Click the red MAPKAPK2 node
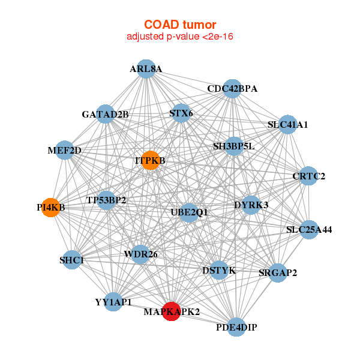click(x=172, y=311)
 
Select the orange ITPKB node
click(x=150, y=160)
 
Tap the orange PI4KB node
click(x=51, y=207)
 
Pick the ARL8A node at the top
click(x=146, y=69)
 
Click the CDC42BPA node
click(x=232, y=89)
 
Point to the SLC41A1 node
click(x=288, y=125)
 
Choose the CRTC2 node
click(x=308, y=176)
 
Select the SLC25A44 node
click(x=309, y=229)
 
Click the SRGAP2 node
click(x=278, y=273)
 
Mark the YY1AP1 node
click(x=113, y=302)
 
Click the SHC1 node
click(x=72, y=260)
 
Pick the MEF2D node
click(x=65, y=150)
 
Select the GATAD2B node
click(x=106, y=114)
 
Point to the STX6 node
click(x=181, y=113)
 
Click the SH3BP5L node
click(x=234, y=146)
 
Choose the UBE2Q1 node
click(x=189, y=212)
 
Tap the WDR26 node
click(x=140, y=254)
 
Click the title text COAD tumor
click(x=179, y=25)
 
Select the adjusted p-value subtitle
click(x=179, y=37)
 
